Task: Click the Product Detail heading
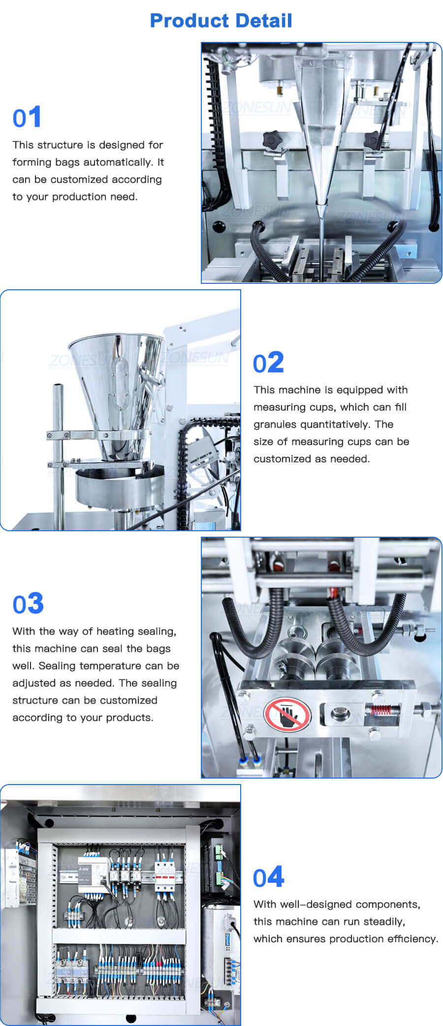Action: [221, 21]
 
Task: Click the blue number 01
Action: [27, 118]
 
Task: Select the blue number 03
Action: [28, 604]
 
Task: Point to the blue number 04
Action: [268, 877]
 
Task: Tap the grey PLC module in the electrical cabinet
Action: [95, 875]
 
